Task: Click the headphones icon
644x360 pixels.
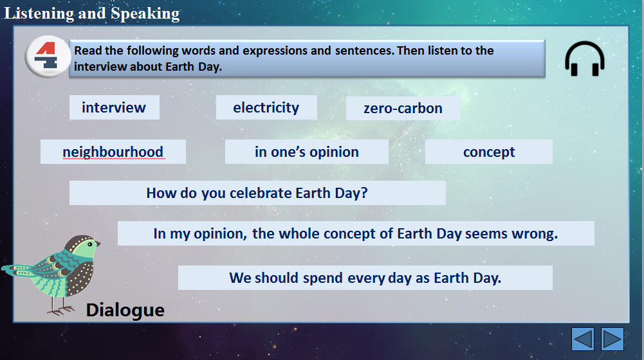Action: pyautogui.click(x=584, y=59)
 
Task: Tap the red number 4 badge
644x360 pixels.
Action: pyautogui.click(x=48, y=57)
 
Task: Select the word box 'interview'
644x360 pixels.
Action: pyautogui.click(x=114, y=107)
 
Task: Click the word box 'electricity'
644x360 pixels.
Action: pyautogui.click(x=266, y=107)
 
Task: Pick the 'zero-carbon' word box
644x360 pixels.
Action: pyautogui.click(x=403, y=109)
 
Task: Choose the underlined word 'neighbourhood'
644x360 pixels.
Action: pyautogui.click(x=113, y=152)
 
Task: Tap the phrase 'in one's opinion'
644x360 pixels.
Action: pyautogui.click(x=306, y=152)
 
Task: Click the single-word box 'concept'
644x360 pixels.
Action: pyautogui.click(x=489, y=152)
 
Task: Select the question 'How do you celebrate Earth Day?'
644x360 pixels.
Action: pyautogui.click(x=257, y=193)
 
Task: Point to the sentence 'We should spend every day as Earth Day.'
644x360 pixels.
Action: pyautogui.click(x=365, y=278)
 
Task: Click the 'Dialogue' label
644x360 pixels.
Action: pyautogui.click(x=125, y=310)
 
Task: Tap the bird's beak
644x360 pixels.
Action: pyautogui.click(x=98, y=244)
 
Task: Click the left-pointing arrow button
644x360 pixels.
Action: pyautogui.click(x=582, y=339)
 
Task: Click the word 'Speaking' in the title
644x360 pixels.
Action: pyautogui.click(x=145, y=14)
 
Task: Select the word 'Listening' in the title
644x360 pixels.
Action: pyautogui.click(x=39, y=14)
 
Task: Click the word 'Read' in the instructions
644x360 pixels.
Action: pyautogui.click(x=88, y=51)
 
